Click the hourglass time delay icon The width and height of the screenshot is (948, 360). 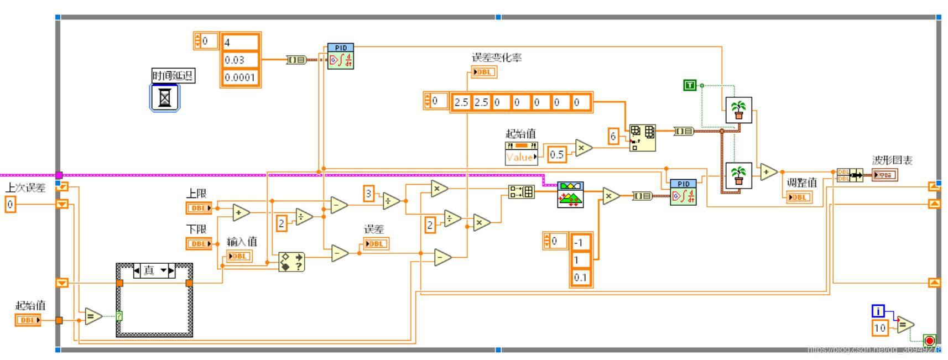[x=165, y=98]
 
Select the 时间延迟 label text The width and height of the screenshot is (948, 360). [x=173, y=76]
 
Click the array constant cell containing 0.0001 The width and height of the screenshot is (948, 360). [x=240, y=77]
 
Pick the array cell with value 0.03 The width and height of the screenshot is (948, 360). [x=240, y=60]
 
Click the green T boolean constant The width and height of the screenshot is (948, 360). [x=689, y=85]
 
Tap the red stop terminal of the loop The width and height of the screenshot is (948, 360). [x=929, y=341]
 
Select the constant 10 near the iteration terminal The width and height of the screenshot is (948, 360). [x=879, y=328]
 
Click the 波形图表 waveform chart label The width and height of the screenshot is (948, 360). [x=892, y=160]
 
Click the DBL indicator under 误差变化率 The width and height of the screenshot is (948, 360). [x=484, y=72]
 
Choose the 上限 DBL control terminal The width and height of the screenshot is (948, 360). [x=199, y=208]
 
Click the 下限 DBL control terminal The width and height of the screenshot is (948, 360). [x=199, y=243]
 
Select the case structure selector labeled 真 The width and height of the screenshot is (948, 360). [x=154, y=270]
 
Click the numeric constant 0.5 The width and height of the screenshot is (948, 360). [x=557, y=154]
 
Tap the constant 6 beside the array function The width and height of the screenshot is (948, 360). [x=613, y=136]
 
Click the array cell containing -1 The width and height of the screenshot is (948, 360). [x=581, y=243]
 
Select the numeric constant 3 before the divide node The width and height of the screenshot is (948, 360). [x=369, y=194]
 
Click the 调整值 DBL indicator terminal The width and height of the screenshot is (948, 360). [x=799, y=197]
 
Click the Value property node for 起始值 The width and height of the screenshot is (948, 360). [x=521, y=157]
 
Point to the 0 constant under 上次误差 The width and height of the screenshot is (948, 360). [x=10, y=205]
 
